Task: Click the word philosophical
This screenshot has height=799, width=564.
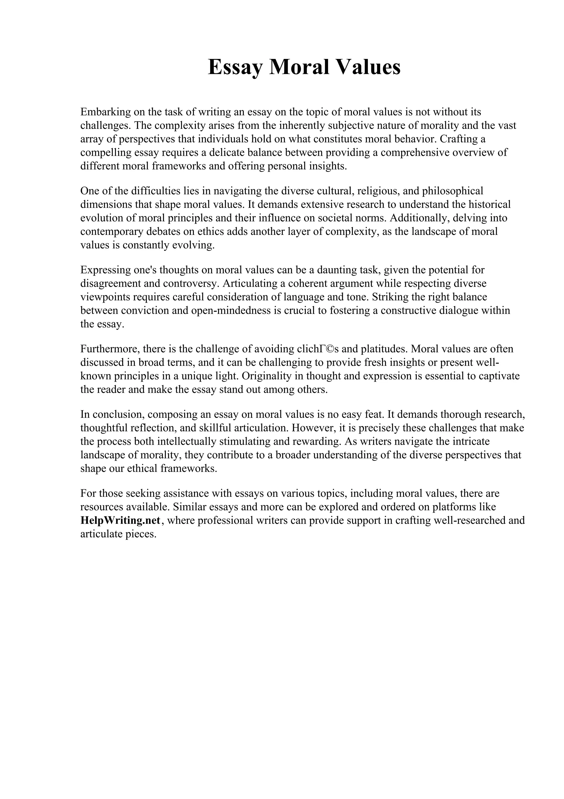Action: pyautogui.click(x=452, y=191)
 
